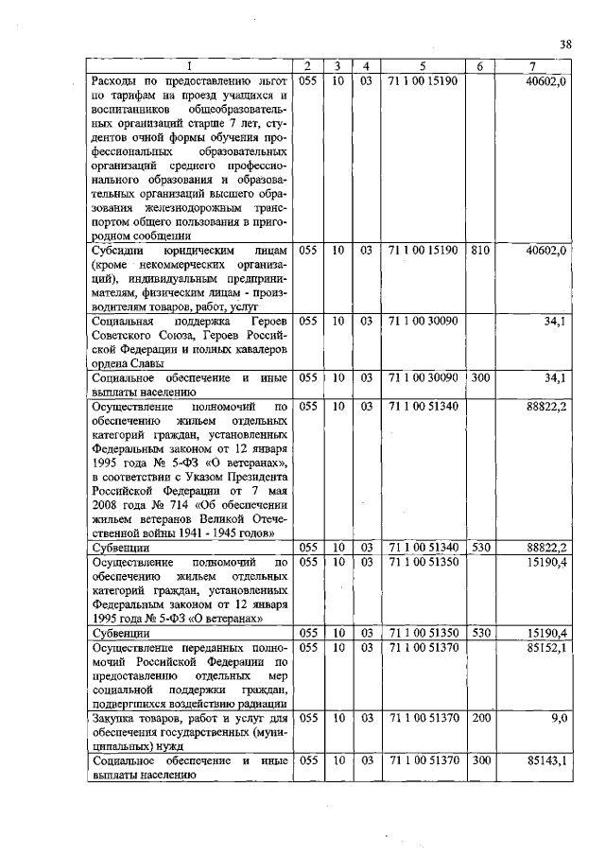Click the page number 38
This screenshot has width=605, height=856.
565,44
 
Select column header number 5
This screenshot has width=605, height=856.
422,65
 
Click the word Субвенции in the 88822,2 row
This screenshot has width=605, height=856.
119,548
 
